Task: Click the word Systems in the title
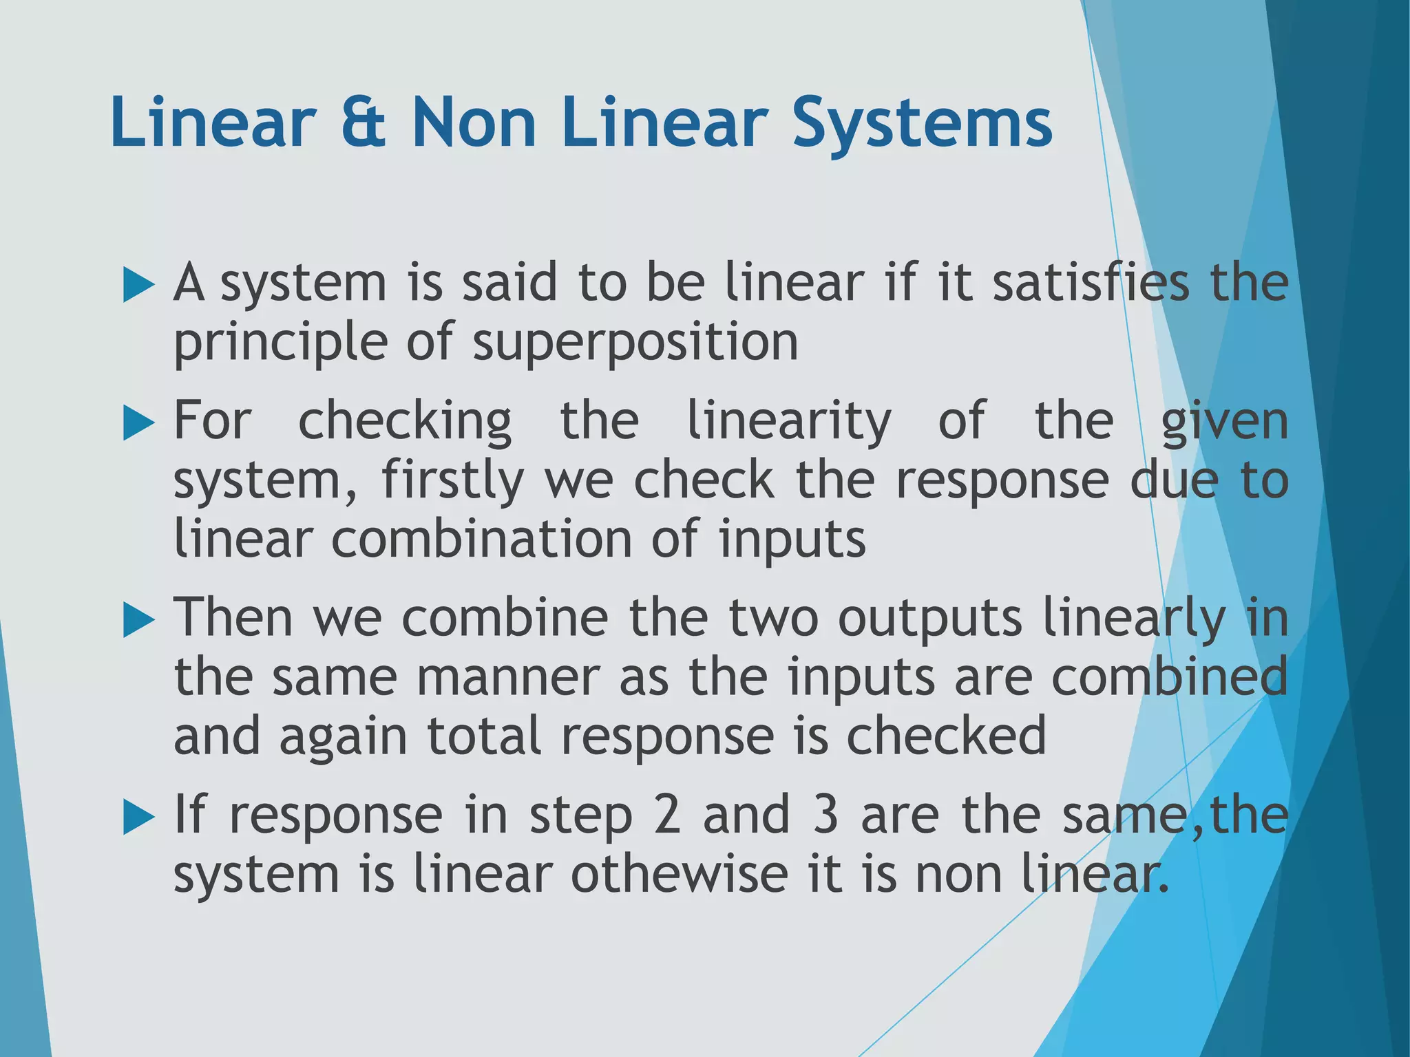click(x=923, y=124)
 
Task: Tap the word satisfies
click(x=1091, y=284)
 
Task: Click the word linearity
click(x=789, y=421)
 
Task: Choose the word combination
click(x=481, y=540)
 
